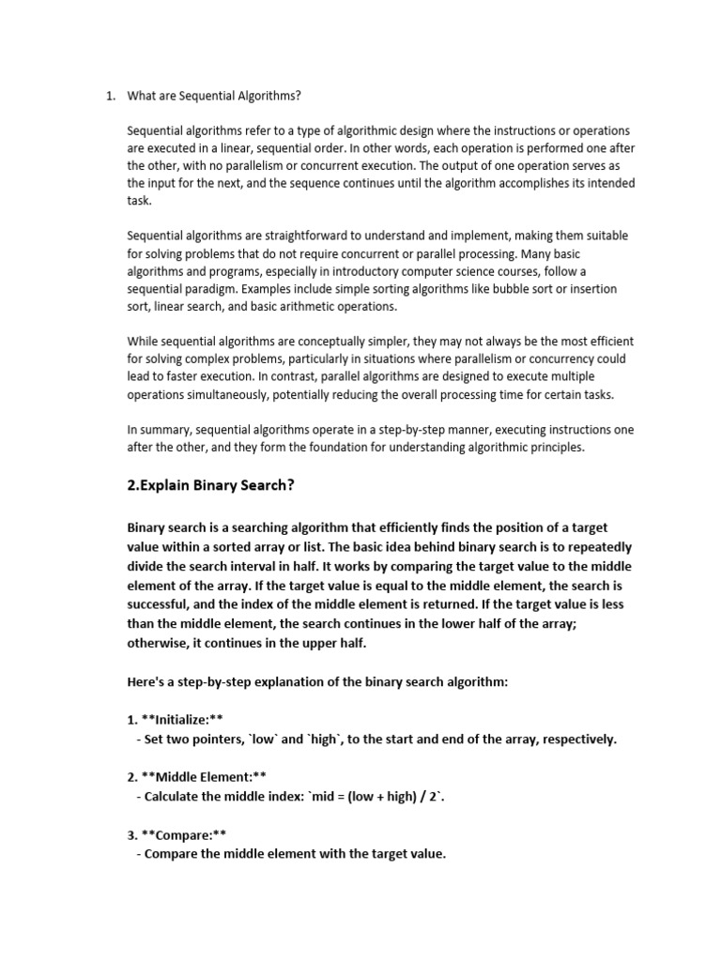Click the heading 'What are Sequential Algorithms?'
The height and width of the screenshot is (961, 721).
214,97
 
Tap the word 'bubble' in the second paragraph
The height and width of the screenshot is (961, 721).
510,289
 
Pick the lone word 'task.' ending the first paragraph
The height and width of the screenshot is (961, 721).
141,201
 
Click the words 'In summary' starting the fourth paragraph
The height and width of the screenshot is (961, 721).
159,430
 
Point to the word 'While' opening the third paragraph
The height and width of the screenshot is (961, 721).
144,343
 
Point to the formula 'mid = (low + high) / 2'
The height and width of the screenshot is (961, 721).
365,797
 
